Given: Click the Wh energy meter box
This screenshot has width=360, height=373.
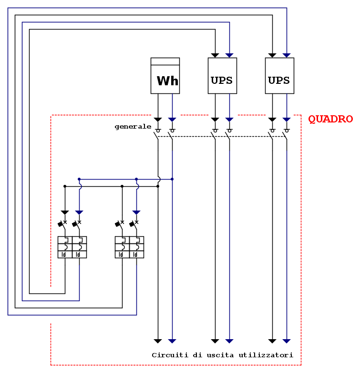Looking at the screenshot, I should pyautogui.click(x=165, y=76).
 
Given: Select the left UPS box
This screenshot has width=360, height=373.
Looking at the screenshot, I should pyautogui.click(x=222, y=76).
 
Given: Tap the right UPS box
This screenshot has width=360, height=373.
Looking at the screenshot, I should pyautogui.click(x=279, y=76).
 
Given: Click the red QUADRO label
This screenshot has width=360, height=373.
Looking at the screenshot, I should pyautogui.click(x=330, y=119).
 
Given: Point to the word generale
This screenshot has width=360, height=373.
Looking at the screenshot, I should pyautogui.click(x=133, y=127).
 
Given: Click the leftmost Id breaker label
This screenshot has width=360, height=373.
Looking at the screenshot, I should pyautogui.click(x=64, y=254).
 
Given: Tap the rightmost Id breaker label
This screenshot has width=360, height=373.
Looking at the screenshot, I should pyautogui.click(x=136, y=254).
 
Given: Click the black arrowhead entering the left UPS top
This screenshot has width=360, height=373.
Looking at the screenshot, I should pyautogui.click(x=215, y=55).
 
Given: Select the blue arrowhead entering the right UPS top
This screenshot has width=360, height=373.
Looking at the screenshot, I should pyautogui.click(x=287, y=55).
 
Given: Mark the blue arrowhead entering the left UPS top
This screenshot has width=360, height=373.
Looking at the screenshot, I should pyautogui.click(x=229, y=55).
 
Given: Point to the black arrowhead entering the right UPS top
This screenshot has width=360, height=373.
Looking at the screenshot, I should pyautogui.click(x=272, y=55).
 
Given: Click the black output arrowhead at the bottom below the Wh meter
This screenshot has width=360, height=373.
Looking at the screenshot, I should pyautogui.click(x=158, y=341).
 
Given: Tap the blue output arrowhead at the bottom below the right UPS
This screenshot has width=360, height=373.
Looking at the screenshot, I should pyautogui.click(x=287, y=341).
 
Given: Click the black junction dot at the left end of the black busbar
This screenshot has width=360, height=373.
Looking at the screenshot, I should pyautogui.click(x=65, y=186).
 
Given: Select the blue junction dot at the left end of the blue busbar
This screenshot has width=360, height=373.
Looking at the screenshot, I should pyautogui.click(x=79, y=179).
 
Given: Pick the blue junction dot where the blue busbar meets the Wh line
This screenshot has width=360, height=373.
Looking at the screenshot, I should pyautogui.click(x=172, y=179).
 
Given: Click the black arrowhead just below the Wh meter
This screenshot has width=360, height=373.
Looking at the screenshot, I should pyautogui.click(x=158, y=119).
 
